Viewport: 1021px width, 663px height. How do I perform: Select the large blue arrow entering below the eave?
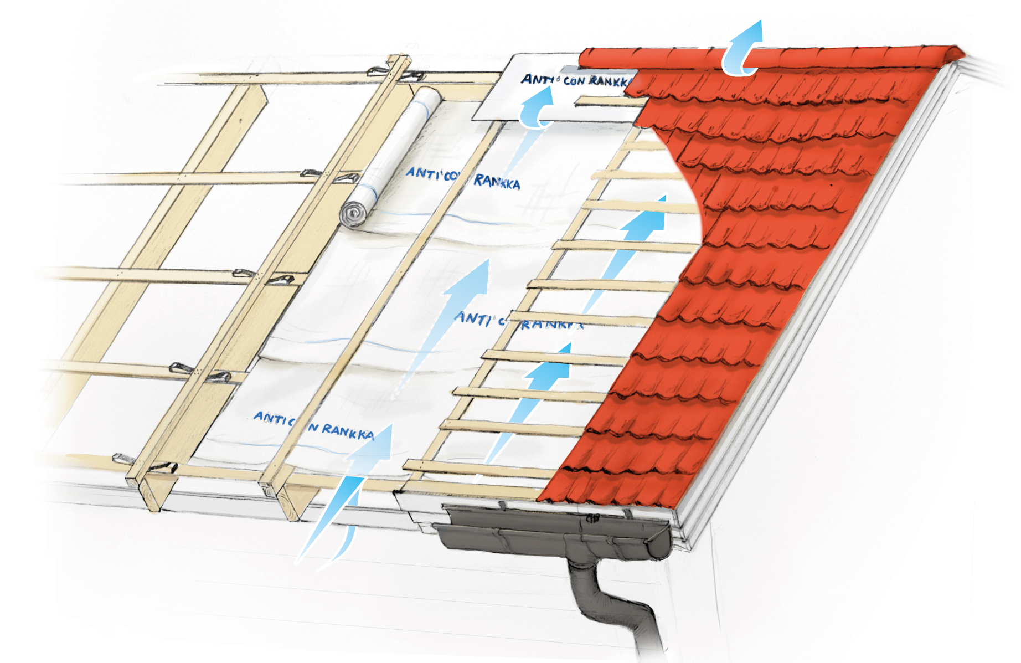pos(349,498)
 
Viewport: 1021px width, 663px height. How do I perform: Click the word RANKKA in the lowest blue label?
pos(348,431)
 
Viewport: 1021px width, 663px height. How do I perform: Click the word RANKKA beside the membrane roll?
pos(497,182)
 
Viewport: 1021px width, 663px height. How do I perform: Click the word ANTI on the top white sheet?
pos(536,79)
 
